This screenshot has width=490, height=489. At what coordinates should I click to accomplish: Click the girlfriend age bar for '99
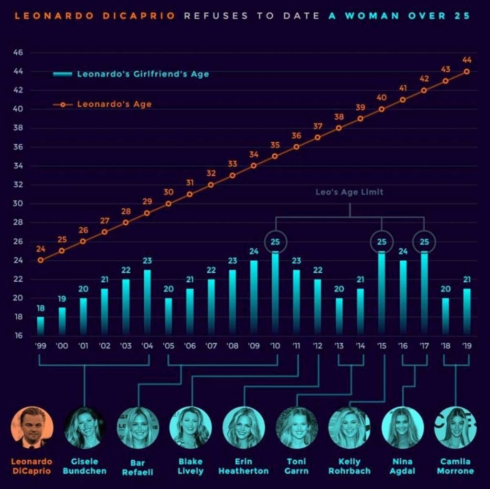point(41,326)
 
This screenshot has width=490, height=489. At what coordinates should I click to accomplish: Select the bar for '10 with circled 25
point(275,294)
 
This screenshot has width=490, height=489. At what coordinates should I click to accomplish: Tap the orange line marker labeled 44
point(467,72)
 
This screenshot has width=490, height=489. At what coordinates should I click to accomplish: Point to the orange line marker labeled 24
point(41,260)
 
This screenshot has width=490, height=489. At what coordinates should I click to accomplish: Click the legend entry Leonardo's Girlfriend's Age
point(143,74)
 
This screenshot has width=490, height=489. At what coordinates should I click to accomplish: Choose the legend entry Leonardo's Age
point(114,104)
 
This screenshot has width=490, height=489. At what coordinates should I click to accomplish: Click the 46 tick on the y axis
point(18,53)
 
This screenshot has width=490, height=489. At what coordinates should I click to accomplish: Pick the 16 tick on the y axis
point(18,336)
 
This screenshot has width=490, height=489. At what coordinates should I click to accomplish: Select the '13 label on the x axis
point(339,346)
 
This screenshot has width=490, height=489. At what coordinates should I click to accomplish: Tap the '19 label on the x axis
point(467,346)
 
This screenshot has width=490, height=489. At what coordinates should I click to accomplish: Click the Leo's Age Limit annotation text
point(350,192)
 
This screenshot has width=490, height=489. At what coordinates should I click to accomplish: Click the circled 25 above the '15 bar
point(382,242)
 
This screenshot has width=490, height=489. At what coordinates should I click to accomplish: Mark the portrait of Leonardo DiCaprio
point(32,427)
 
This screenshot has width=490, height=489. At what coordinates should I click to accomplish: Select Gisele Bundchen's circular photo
point(85,427)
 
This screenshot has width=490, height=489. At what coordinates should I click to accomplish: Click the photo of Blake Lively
point(191,427)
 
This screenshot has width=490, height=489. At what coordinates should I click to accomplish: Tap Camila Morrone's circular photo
point(455,427)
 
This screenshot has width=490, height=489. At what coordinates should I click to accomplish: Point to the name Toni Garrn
point(297,466)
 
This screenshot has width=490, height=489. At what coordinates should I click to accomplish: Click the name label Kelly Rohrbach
point(350,466)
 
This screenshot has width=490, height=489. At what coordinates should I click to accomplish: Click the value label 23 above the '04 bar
point(147,261)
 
